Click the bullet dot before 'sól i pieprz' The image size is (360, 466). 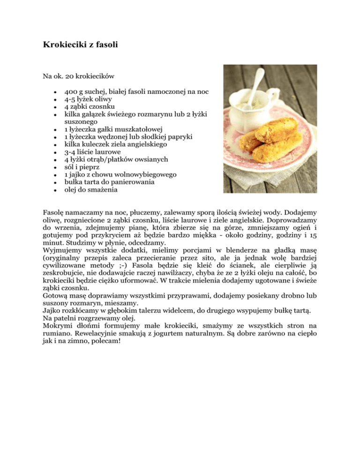click(55, 167)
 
